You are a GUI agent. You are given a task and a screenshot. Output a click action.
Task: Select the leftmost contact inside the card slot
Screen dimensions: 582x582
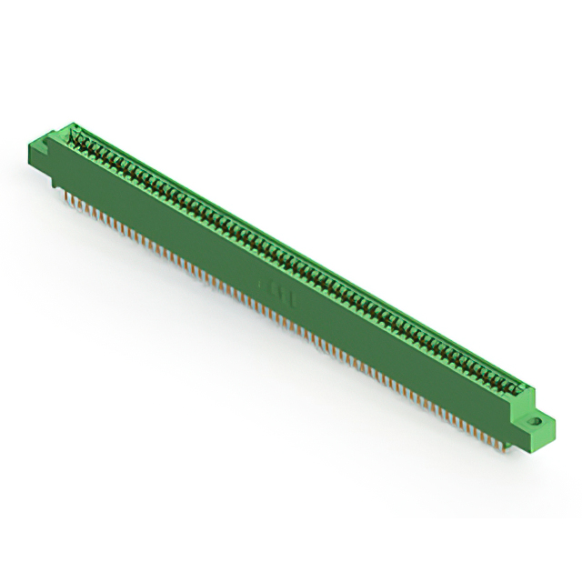(81, 139)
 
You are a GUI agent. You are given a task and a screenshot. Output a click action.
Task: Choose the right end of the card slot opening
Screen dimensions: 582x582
(518, 386)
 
